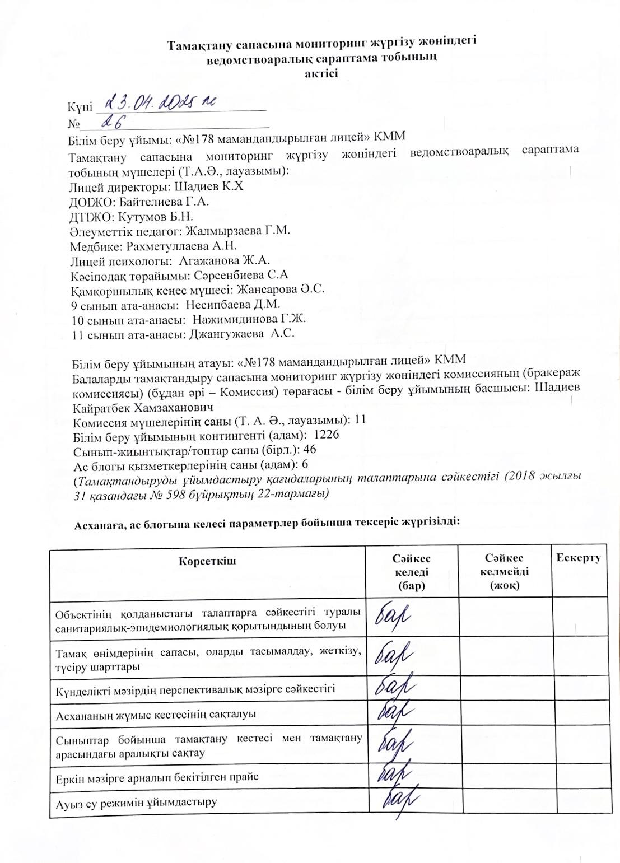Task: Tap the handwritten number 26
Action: pyautogui.click(x=112, y=122)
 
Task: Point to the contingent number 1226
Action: pyautogui.click(x=327, y=434)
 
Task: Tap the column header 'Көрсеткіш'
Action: pyautogui.click(x=207, y=561)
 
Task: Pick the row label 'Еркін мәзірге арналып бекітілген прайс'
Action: pyautogui.click(x=157, y=777)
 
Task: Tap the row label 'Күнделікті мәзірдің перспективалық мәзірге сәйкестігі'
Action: pyautogui.click(x=195, y=689)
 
